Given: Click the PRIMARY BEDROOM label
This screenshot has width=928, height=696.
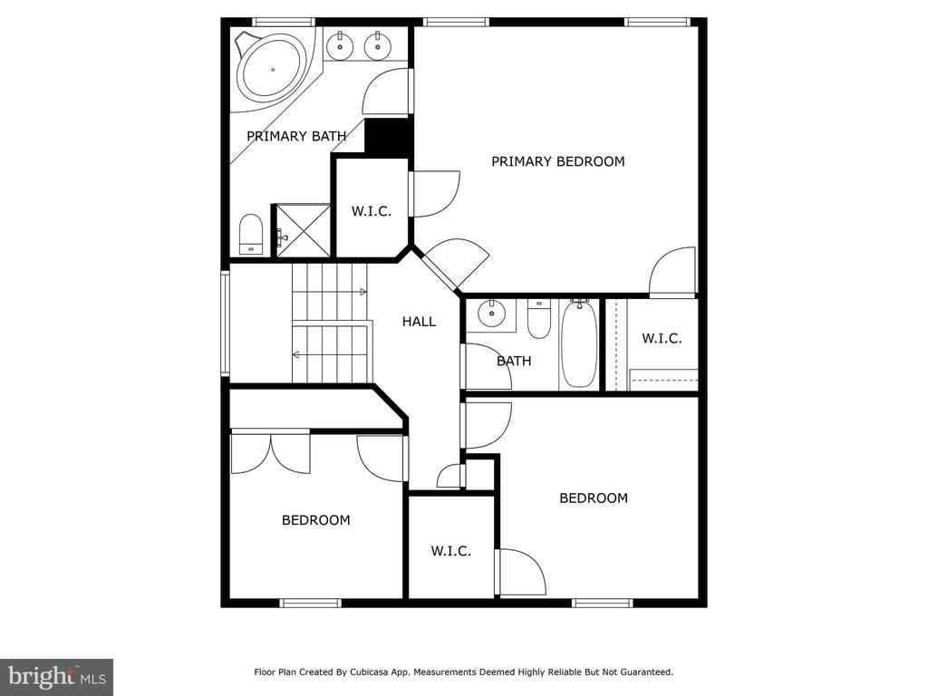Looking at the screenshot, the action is tap(558, 161).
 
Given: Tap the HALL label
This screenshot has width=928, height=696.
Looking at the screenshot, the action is tap(419, 322).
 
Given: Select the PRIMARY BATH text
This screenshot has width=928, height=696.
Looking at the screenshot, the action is tap(296, 136).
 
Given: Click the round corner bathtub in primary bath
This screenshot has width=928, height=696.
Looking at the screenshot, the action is tap(272, 69).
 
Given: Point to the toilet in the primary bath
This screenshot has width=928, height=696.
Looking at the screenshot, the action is tap(251, 235).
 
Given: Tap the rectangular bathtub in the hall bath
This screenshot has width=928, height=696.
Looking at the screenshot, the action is tap(579, 343).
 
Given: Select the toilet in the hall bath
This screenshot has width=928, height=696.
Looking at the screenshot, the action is tap(538, 319).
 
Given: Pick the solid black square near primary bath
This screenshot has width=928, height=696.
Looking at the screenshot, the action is tap(387, 138).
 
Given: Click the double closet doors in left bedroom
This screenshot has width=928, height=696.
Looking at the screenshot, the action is tap(270, 453).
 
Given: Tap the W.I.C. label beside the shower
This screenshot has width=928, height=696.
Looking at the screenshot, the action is tap(371, 211).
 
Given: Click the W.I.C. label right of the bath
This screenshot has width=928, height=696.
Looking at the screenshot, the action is tap(662, 339).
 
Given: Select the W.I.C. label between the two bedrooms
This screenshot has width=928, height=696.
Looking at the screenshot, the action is tap(451, 552).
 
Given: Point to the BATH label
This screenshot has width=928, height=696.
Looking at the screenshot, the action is tap(514, 361).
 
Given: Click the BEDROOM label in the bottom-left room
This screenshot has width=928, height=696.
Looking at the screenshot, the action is tap(316, 520).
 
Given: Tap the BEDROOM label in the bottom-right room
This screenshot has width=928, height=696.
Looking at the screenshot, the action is tap(594, 498).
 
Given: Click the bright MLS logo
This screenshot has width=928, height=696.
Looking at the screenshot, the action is tap(57, 676).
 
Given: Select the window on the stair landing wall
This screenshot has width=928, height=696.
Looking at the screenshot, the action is tap(225, 324).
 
